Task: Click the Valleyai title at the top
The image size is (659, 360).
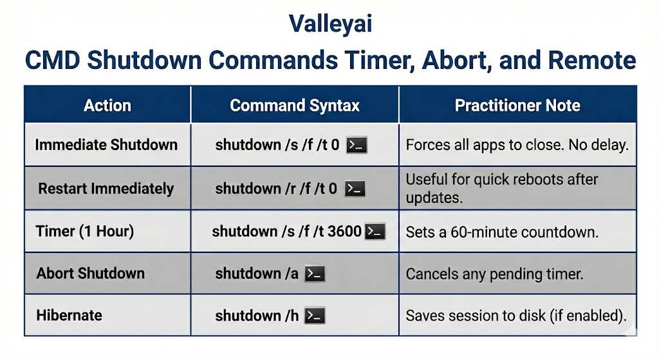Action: click(330, 24)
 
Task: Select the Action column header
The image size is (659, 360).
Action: click(107, 106)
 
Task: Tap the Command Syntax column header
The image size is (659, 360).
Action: click(294, 106)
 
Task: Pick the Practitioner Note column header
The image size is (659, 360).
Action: click(517, 106)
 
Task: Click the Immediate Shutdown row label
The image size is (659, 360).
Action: click(106, 145)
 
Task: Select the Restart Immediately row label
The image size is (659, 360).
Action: click(106, 189)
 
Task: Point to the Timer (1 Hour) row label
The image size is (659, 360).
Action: click(85, 231)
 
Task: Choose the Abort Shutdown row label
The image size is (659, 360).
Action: click(91, 273)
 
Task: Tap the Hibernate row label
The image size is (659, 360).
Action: click(70, 316)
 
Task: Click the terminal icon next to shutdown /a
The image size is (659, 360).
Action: click(315, 274)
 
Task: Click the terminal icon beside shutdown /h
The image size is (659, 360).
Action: click(315, 316)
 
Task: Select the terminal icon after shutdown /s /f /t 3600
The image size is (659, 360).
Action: click(375, 231)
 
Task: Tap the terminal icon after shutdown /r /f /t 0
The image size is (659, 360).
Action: click(355, 189)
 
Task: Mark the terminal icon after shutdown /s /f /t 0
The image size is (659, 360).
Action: click(357, 145)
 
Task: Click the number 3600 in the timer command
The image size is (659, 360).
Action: click(344, 231)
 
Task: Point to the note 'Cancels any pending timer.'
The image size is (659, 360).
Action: click(494, 274)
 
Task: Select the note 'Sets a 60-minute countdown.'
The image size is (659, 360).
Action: click(502, 232)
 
